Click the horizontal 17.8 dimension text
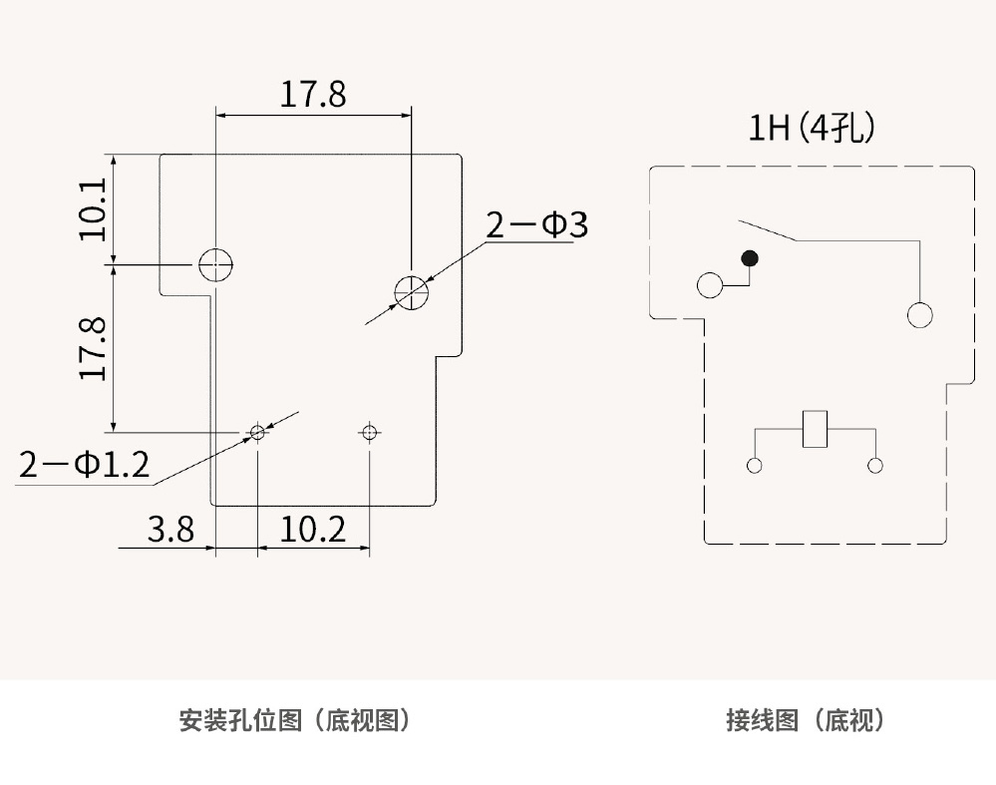312,95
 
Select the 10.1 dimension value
93,209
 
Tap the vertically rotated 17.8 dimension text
93,348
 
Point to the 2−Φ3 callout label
536,226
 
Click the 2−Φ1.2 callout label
84,465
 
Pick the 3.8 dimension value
170,529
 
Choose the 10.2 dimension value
313,529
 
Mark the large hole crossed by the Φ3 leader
411,291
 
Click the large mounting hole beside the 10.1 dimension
215,264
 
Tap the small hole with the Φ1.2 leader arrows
257,432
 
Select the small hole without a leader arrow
370,432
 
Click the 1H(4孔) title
812,129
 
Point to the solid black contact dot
751,259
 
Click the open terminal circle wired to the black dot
711,285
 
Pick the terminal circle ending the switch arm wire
919,315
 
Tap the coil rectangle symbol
817,430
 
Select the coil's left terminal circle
755,466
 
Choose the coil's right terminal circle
876,466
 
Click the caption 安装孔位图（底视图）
295,720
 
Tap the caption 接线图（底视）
806,720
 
